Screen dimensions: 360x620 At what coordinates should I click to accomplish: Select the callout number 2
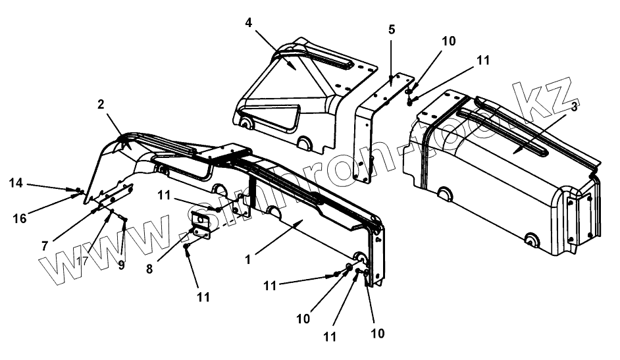[101, 105]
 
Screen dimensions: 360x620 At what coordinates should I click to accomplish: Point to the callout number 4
[248, 22]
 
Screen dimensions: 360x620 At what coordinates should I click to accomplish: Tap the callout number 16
[20, 218]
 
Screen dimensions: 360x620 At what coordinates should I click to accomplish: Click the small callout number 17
[81, 261]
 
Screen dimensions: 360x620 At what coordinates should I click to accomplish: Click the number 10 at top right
[448, 41]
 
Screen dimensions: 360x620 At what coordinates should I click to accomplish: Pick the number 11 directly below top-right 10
[483, 60]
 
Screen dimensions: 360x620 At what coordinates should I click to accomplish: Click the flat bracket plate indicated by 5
[388, 92]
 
